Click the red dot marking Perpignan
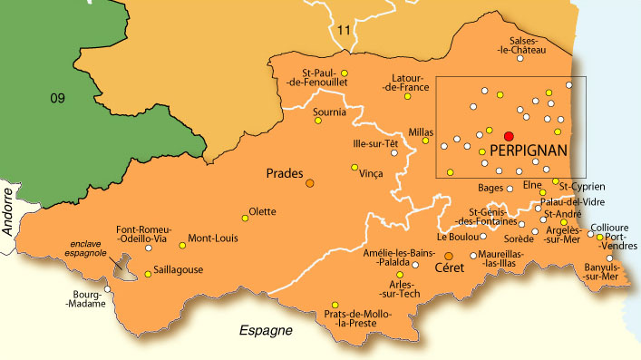[x=509, y=136]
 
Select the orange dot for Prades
[x=310, y=183]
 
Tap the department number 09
[x=57, y=98]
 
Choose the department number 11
[x=343, y=31]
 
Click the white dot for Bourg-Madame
[x=108, y=290]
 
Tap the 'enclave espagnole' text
[x=91, y=249]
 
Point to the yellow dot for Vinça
[x=354, y=167]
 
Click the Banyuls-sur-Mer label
[x=599, y=273]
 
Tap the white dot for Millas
[x=430, y=142]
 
